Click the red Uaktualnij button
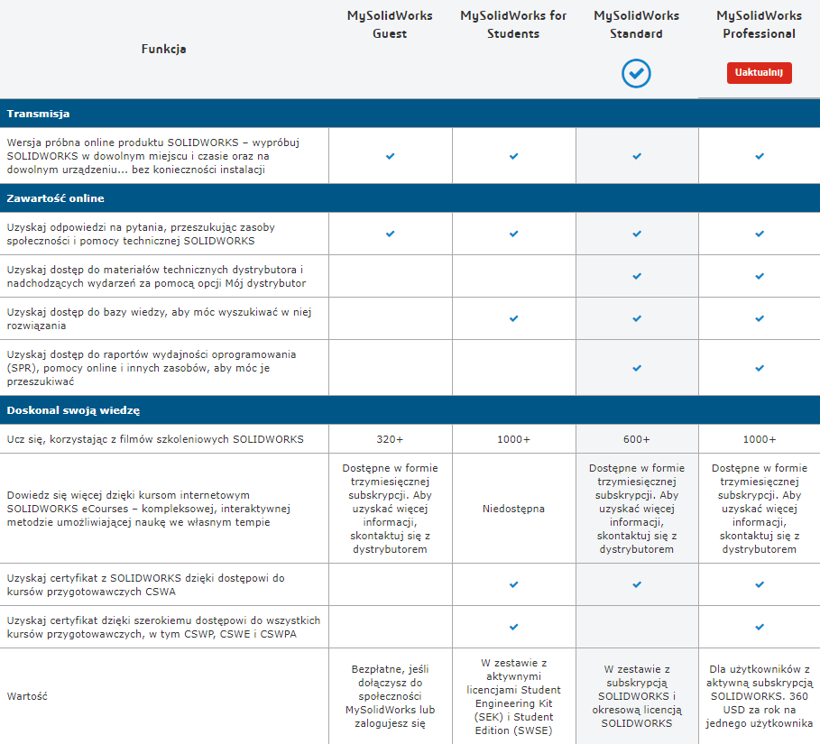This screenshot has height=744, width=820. tap(759, 72)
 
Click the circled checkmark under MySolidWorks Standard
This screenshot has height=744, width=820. tap(636, 73)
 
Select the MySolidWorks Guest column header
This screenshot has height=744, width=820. tap(390, 24)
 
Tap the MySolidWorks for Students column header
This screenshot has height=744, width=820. tap(513, 24)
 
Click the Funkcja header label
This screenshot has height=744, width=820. tap(163, 49)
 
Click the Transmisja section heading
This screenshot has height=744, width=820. tap(38, 114)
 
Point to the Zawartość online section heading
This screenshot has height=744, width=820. tap(55, 197)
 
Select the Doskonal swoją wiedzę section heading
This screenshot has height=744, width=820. tap(73, 410)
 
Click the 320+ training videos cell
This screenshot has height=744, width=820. tap(390, 439)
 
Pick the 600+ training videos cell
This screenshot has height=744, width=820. tap(636, 439)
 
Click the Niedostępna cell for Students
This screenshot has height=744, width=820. tap(513, 509)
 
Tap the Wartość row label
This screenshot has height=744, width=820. tap(27, 696)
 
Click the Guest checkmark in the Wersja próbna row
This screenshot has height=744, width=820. tap(390, 156)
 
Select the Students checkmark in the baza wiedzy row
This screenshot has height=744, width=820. tap(513, 318)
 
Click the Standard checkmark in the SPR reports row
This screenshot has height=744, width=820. tap(636, 368)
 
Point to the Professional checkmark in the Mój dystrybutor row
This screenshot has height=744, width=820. tap(759, 276)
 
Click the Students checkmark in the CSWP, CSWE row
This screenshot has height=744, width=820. tap(513, 627)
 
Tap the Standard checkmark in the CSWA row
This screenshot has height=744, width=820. tap(636, 584)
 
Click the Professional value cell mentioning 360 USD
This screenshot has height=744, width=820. tap(759, 696)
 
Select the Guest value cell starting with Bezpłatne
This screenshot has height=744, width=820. tap(390, 696)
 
